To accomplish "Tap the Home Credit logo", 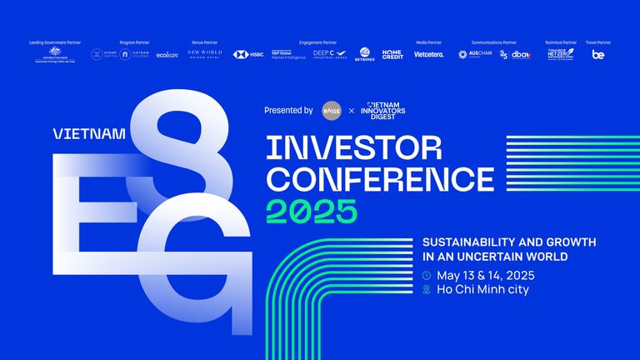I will point(392,54).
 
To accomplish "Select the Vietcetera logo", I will point(429,55).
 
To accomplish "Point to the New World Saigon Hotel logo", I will point(204,54).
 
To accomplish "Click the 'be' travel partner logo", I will point(598,55).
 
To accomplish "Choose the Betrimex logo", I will point(364,55).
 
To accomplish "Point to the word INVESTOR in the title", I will point(353,148).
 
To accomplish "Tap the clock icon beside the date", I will point(427,275).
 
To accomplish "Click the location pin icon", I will point(427,290).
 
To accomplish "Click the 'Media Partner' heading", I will point(429,42).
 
